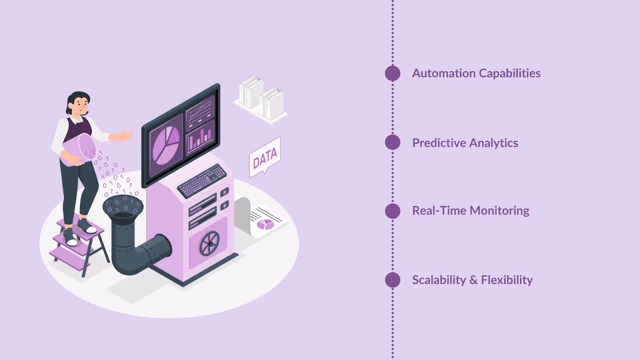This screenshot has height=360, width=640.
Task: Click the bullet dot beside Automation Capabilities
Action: pos(392,73)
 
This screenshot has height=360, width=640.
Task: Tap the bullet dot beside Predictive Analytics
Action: pos(392,142)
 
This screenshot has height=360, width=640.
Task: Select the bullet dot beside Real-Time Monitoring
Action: pos(392,211)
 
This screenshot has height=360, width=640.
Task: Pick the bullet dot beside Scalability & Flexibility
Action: pos(392,280)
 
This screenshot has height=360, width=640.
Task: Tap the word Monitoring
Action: pos(500,211)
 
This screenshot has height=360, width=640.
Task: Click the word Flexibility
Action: pos(507,280)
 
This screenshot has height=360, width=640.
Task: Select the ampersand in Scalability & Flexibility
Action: pos(473,280)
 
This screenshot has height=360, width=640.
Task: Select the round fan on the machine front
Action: pos(210,243)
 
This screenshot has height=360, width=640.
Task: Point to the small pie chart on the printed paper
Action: pos(265,224)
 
